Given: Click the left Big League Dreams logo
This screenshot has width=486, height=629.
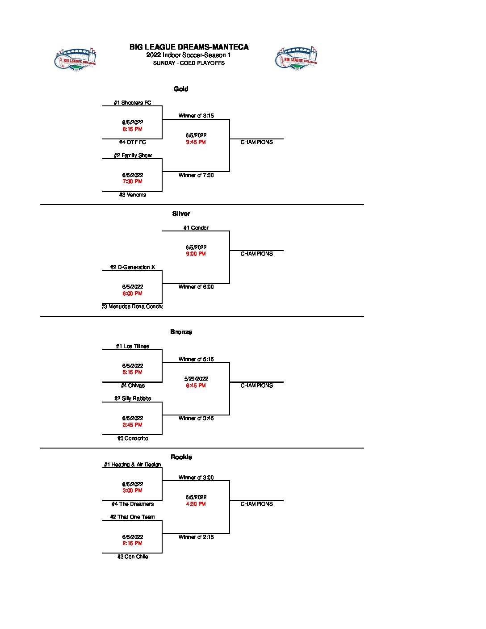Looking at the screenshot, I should pos(75,59).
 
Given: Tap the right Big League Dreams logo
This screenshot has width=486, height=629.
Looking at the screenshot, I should pos(296,58).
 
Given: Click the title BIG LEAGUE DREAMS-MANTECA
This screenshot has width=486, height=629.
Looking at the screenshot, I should pos(189,47).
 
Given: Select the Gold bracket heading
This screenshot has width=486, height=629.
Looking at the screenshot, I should pos(181,89).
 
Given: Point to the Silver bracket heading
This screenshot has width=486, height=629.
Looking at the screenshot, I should pos(181,214).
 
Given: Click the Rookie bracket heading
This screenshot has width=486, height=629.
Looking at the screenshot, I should pos(181,457).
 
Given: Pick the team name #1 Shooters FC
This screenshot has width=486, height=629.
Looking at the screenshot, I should pos(132,103).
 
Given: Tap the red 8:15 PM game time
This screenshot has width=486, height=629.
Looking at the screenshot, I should pos(132,129).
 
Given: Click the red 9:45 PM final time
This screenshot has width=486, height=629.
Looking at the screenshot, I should pos(196,142).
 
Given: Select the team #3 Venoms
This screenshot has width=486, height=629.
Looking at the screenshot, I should pos(132,195).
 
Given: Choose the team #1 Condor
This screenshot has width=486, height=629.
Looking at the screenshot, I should pos(196,228).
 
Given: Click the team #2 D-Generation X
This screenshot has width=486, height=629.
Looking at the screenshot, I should pos(132,267).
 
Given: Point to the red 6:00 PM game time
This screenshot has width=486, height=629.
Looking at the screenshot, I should pos(132,294).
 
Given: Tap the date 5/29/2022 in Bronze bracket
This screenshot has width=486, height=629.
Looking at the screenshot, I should pos(196,379).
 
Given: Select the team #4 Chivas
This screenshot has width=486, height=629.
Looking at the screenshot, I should pos(132,386).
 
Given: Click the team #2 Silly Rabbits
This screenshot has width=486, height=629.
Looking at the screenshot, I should pos(132,398).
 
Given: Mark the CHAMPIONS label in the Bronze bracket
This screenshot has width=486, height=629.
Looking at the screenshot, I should pos(256,386).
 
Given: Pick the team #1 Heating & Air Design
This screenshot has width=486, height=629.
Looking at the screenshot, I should pos(132,465).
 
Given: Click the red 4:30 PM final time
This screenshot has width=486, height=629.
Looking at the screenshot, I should pos(196,504).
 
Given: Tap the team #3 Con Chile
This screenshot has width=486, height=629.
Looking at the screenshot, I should pos(132,557).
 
